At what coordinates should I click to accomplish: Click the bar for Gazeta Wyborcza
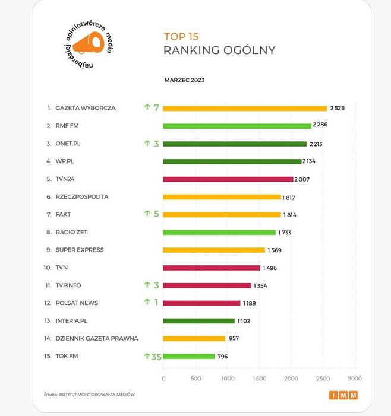click(245, 109)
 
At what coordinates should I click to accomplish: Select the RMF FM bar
click(237, 126)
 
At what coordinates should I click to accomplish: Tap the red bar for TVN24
click(228, 179)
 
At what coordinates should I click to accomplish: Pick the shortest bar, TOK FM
click(189, 356)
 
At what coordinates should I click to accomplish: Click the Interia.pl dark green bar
click(199, 321)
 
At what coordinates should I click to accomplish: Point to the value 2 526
click(337, 109)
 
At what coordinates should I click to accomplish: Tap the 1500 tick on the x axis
click(259, 378)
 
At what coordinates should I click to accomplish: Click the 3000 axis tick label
click(354, 378)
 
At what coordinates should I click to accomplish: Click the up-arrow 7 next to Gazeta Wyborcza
click(152, 108)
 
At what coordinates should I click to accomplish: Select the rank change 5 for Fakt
click(152, 214)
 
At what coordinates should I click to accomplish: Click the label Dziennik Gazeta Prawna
click(97, 338)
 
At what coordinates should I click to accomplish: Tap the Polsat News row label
click(77, 303)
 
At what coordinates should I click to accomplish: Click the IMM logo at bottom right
click(344, 395)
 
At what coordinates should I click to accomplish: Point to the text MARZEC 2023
click(184, 80)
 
